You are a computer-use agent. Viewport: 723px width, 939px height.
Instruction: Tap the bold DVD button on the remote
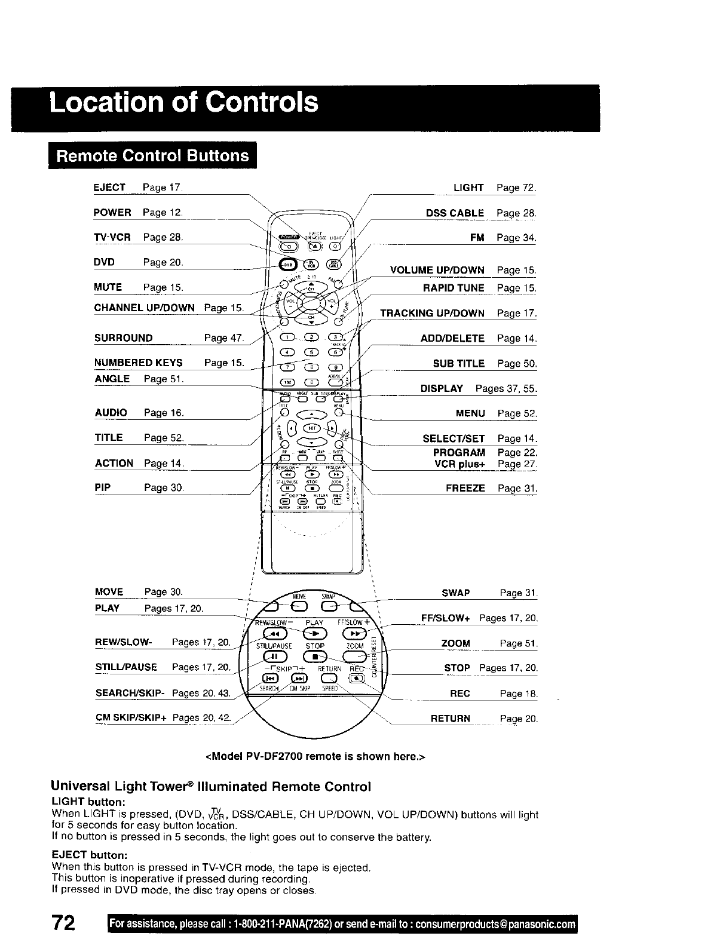tap(289, 265)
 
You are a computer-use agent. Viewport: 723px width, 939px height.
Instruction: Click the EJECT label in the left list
tap(109, 188)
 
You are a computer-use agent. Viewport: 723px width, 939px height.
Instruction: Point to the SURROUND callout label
tap(124, 338)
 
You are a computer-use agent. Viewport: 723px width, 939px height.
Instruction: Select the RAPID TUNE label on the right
tap(454, 288)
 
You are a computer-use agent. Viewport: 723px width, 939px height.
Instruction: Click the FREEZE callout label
tap(465, 488)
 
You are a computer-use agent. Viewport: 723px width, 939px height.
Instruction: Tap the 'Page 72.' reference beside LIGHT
tap(516, 188)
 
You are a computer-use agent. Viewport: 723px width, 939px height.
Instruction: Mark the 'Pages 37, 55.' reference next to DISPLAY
tap(506, 388)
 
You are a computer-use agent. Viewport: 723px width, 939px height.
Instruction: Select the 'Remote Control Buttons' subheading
tap(152, 155)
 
